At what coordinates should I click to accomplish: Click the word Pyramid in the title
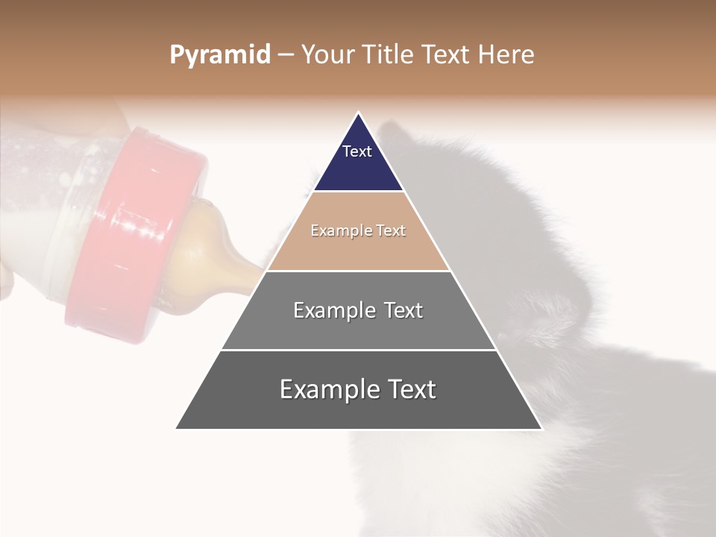(220, 54)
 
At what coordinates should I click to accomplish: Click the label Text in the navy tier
(357, 151)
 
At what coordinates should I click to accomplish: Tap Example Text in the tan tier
(358, 230)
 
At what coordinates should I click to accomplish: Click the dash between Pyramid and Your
(286, 55)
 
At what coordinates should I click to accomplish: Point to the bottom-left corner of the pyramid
(177, 428)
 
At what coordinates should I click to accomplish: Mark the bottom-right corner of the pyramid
(541, 428)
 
